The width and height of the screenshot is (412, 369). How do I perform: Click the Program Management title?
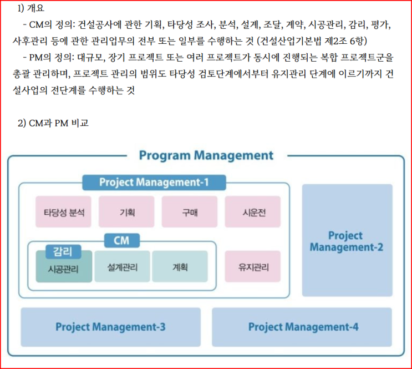pyautogui.click(x=206, y=156)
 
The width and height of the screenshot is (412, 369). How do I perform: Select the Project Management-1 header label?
pyautogui.click(x=154, y=183)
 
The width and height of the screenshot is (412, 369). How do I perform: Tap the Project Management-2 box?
pyautogui.click(x=347, y=241)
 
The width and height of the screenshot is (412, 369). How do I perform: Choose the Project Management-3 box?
pyautogui.click(x=110, y=327)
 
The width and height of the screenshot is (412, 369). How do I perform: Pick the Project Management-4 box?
pyautogui.click(x=303, y=327)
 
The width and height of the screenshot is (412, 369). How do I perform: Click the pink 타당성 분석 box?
pyautogui.click(x=64, y=212)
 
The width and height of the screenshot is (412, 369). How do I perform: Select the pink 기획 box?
pyautogui.click(x=126, y=212)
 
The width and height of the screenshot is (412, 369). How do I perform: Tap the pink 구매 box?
pyautogui.click(x=190, y=212)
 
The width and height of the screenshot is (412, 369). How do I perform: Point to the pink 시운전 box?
pyautogui.click(x=253, y=212)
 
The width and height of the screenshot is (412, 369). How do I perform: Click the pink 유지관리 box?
pyautogui.click(x=253, y=267)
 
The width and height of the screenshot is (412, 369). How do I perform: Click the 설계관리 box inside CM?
pyautogui.click(x=123, y=267)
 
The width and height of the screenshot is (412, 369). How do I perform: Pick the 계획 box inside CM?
pyautogui.click(x=180, y=267)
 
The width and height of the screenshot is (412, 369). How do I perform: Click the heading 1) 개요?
pyautogui.click(x=32, y=8)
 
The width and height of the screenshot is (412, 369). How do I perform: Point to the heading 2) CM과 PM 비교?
pyautogui.click(x=53, y=123)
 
